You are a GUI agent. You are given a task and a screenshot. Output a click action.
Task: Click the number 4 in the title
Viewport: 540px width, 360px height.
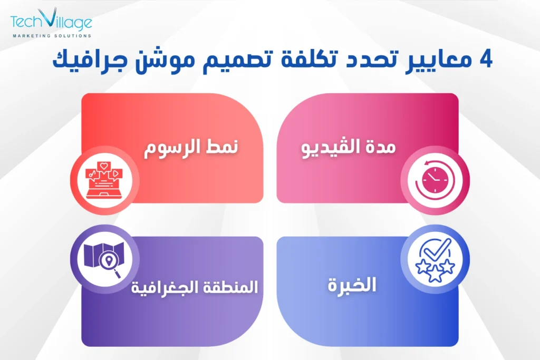coord(484,60)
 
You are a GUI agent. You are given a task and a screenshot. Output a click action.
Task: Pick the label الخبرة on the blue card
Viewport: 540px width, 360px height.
coord(350,286)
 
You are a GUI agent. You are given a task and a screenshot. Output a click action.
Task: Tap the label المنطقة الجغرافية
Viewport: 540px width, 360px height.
coord(195,287)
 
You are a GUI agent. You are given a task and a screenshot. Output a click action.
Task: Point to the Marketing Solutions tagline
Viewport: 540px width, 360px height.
coord(51,36)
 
